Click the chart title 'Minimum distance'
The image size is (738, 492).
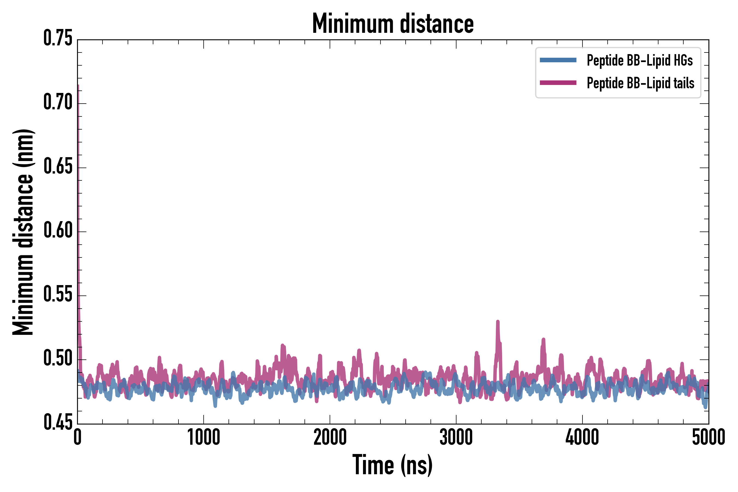[393, 24]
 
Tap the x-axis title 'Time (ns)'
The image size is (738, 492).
[393, 465]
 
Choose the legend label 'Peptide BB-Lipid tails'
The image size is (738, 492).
[640, 83]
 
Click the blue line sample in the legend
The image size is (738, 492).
[558, 60]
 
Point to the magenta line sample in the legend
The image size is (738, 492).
[558, 83]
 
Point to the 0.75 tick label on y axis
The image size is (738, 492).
[58, 38]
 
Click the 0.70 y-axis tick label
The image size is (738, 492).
[58, 102]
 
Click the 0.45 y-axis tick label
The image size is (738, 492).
[58, 422]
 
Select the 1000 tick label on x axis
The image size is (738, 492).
[204, 437]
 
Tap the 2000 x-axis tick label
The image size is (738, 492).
[330, 437]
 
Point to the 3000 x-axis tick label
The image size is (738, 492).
[456, 437]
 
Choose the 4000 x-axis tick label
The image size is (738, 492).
[582, 437]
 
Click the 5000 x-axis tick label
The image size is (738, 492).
[708, 437]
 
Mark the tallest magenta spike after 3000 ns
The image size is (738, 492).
[498, 322]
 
